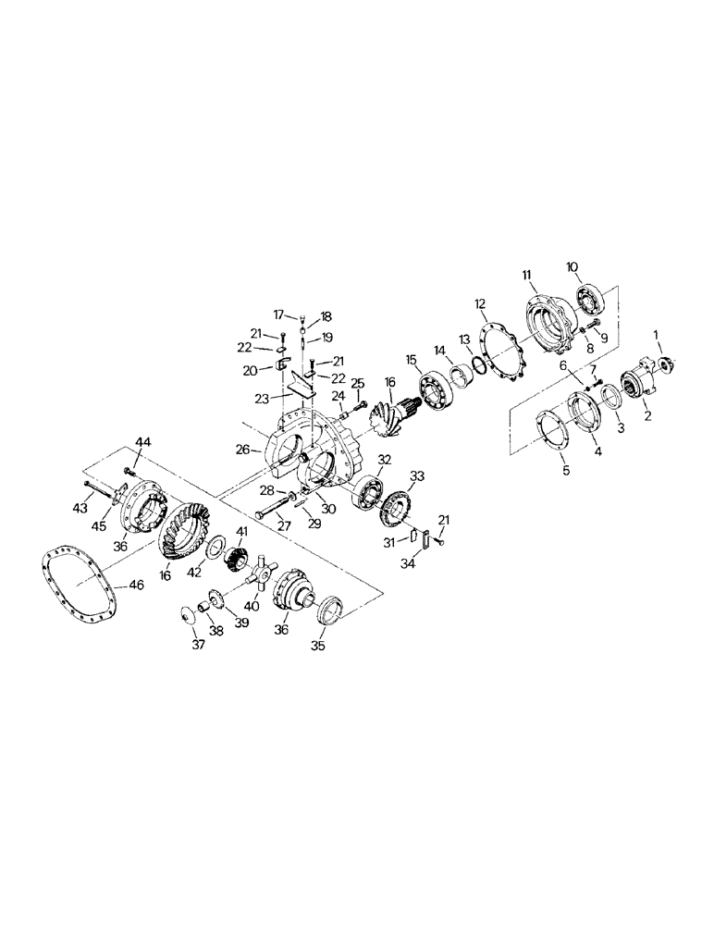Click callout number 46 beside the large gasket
[x=135, y=586]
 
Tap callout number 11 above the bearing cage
[x=527, y=275]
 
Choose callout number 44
[x=142, y=443]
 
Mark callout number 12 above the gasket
[x=480, y=303]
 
